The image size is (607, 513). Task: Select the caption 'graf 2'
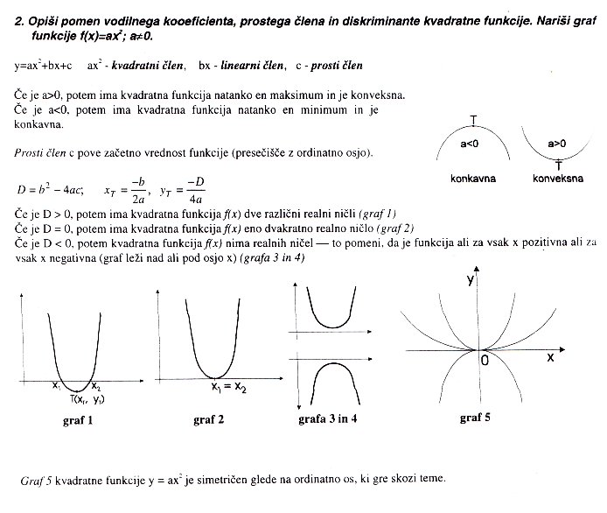[x=208, y=420]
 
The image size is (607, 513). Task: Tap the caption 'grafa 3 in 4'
[x=327, y=420]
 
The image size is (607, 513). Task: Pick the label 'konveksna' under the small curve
[x=557, y=178]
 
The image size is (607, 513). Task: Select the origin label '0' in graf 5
[x=483, y=360]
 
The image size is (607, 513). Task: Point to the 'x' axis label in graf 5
[x=551, y=358]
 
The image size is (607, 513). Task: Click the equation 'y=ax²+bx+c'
[x=44, y=66]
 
